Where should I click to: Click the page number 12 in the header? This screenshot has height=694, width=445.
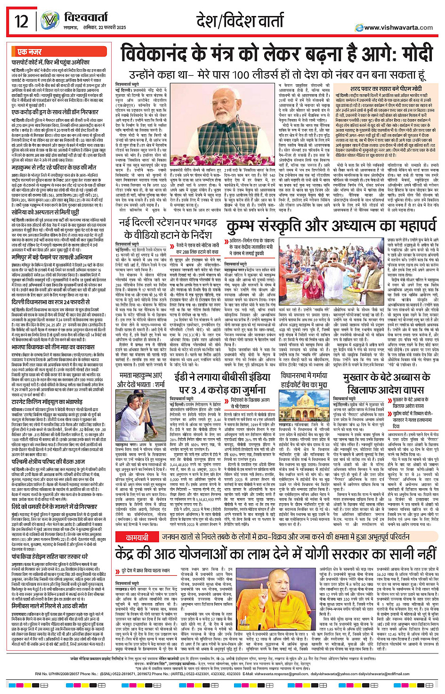pyautogui.click(x=22, y=21)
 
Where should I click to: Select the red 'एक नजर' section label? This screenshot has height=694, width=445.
pyautogui.click(x=29, y=52)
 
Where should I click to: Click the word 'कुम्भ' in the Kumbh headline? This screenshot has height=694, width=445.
pyautogui.click(x=247, y=227)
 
